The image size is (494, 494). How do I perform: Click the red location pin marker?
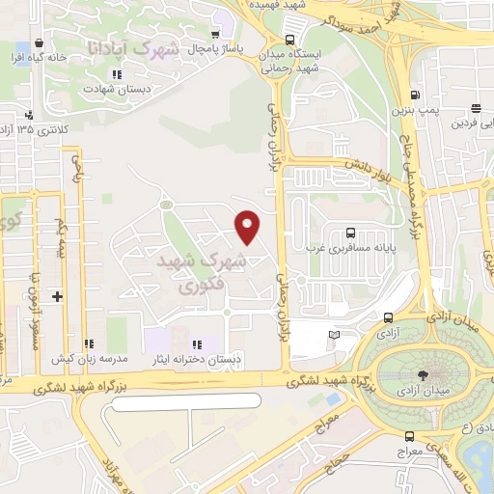(x=248, y=227)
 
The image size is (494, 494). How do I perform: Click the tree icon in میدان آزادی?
(x=423, y=375)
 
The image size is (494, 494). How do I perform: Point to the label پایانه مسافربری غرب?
(x=371, y=247)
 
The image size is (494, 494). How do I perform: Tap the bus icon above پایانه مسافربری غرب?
(x=349, y=232)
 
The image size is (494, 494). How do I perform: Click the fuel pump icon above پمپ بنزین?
(x=415, y=96)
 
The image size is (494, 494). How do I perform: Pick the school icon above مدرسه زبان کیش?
(x=89, y=343)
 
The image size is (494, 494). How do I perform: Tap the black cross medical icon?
(x=58, y=295)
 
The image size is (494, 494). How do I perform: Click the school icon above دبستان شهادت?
(x=117, y=74)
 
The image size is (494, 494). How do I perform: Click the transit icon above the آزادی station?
(x=388, y=317)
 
